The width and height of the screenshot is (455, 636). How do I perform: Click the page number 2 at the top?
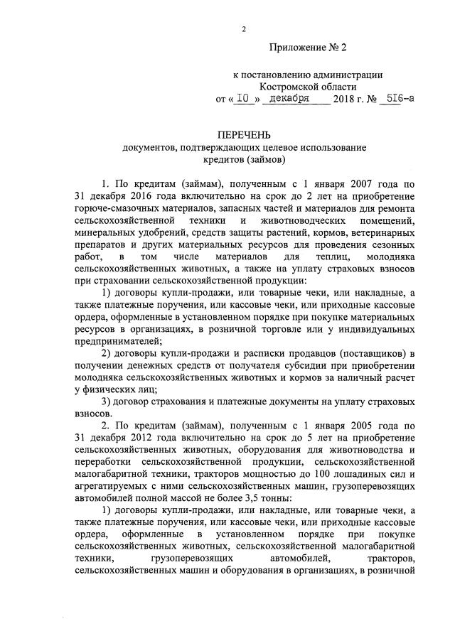coord(244,29)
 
